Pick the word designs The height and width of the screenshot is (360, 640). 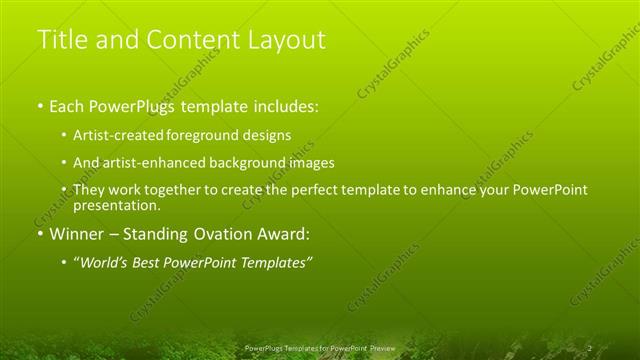[267, 134]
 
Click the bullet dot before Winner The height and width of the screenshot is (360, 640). [39, 235]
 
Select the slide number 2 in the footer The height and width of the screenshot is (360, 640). [589, 348]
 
